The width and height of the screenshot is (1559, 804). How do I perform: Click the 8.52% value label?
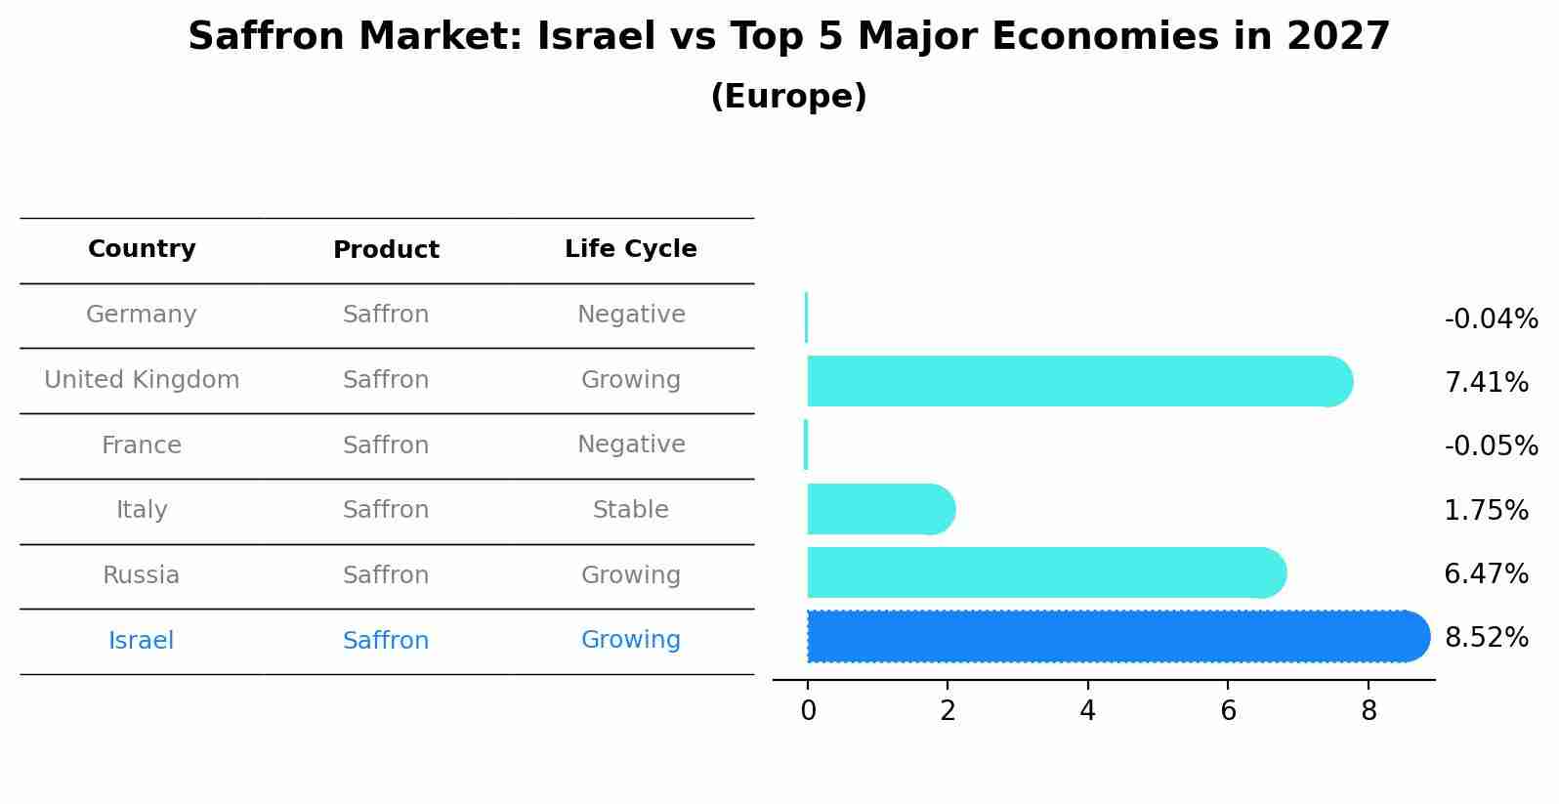1486,638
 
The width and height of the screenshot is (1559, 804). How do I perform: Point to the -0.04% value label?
1491,319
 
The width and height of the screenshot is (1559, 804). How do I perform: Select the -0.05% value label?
1491,446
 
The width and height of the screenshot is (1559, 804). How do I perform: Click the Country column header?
142,249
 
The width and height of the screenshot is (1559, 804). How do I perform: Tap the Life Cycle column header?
630,249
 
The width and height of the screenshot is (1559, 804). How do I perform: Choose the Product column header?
386,250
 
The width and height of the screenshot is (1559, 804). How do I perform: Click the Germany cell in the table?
142,315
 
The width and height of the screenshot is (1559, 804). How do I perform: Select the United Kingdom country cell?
142,380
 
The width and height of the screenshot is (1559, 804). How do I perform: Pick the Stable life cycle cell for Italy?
630,510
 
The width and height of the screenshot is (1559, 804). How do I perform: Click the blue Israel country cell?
142,641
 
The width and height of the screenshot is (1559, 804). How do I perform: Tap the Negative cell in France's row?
630,444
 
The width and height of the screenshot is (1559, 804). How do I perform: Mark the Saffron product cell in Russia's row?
386,575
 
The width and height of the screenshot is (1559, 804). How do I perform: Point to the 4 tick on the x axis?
1087,711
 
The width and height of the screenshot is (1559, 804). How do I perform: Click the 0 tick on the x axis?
808,711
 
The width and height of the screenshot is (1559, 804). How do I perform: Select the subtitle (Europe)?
788,97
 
